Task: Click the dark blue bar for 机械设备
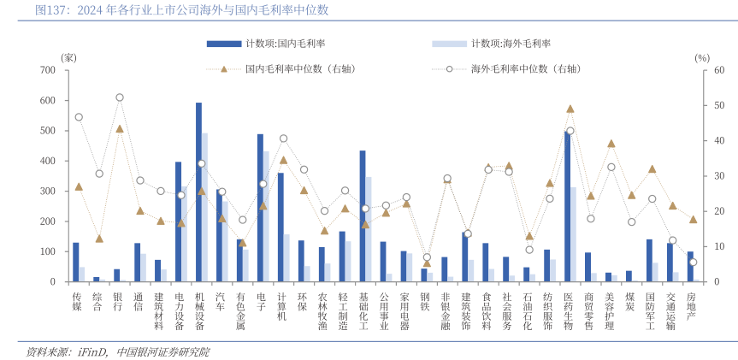click(198, 192)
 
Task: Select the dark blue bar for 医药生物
click(567, 207)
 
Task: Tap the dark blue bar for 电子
click(260, 208)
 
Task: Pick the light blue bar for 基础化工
click(369, 229)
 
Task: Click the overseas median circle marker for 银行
click(120, 97)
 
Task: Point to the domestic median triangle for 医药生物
click(570, 109)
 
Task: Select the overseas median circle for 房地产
click(693, 263)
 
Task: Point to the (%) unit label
click(702, 57)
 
